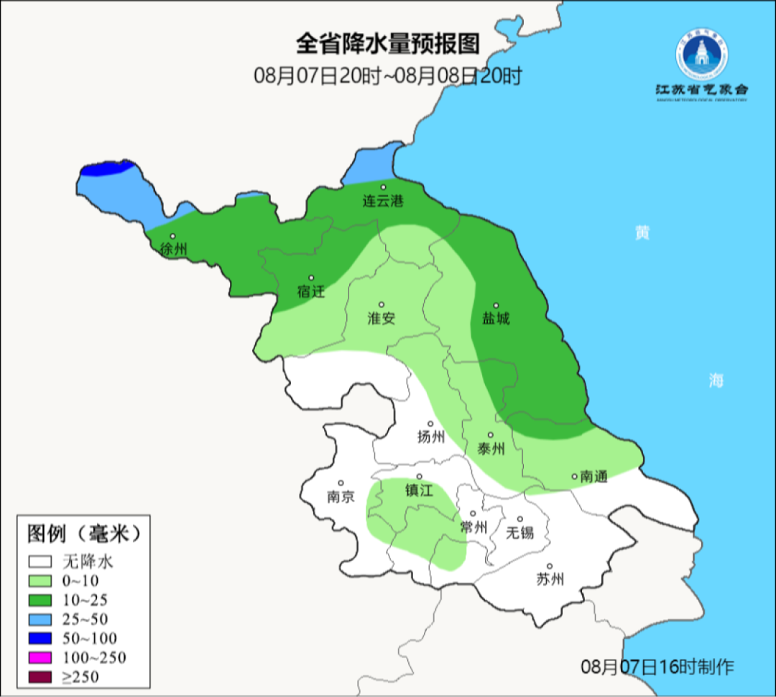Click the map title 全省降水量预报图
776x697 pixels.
pos(387,45)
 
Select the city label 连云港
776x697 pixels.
pos(382,201)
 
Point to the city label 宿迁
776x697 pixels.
pos(311,291)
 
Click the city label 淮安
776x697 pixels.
pos(382,318)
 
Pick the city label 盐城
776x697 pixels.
pos(496,318)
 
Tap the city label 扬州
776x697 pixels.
pos(431,437)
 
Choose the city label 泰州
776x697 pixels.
pos(491,449)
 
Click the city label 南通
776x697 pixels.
pos(594,476)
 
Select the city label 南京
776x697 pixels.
pos(341,496)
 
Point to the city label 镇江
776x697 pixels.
pos(419,490)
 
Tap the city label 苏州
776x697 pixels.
pos(550,579)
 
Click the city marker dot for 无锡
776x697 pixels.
pos(519,519)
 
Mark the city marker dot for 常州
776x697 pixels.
pos(472,514)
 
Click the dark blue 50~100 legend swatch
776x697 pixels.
pos(40,638)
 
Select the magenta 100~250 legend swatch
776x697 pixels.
pos(40,657)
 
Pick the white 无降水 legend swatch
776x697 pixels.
pos(40,562)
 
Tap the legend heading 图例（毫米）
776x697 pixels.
pos(83,534)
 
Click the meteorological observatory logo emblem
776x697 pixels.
pos(701,55)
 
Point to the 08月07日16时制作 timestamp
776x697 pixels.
pos(657,666)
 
